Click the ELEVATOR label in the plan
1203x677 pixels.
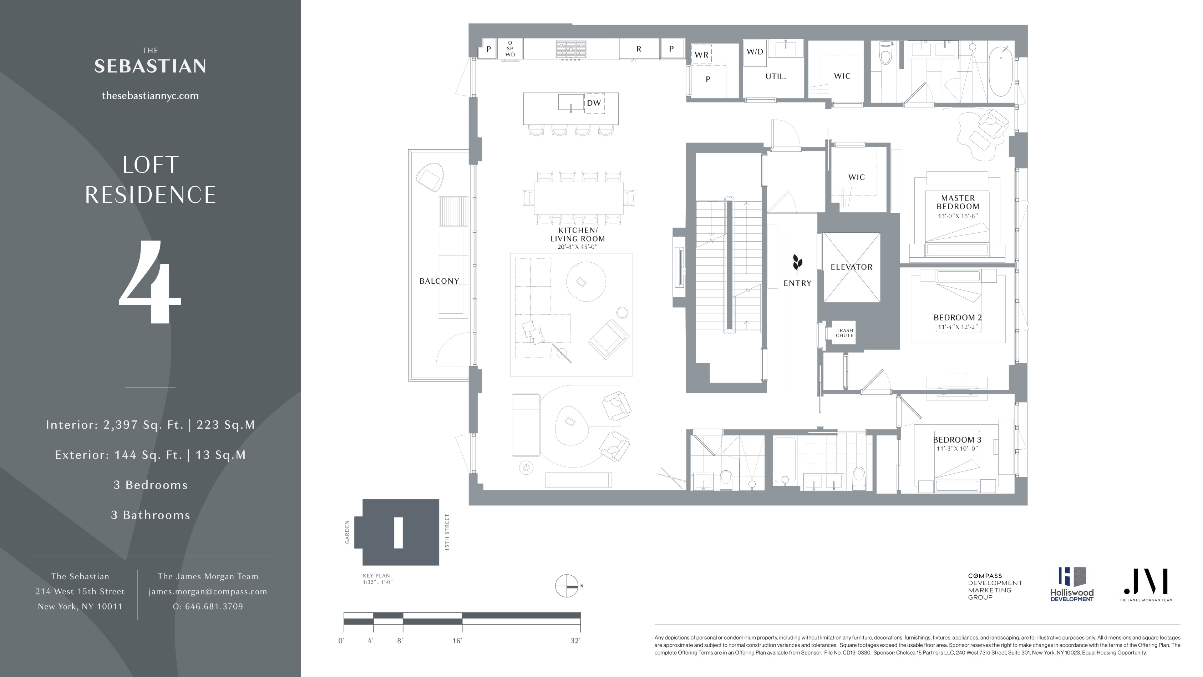[851, 267]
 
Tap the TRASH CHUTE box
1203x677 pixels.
[844, 333]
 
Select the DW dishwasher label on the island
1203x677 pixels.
[594, 103]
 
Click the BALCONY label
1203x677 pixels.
[439, 281]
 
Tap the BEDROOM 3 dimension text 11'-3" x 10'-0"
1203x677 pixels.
[956, 449]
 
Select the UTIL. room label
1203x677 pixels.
[775, 77]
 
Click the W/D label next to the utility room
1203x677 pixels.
[755, 52]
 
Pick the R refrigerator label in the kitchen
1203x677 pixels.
[638, 49]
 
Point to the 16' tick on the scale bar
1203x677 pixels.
[457, 641]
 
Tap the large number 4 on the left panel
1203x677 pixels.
[150, 282]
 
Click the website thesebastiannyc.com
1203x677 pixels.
[150, 96]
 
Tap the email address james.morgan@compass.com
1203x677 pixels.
[208, 591]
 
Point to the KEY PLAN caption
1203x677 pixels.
[376, 576]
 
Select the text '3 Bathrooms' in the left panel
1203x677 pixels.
[151, 515]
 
